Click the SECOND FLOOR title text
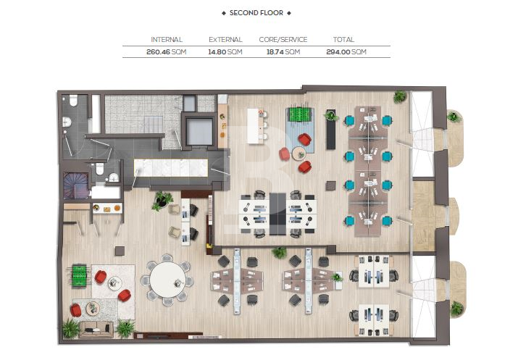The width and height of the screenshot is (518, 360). [x=256, y=13]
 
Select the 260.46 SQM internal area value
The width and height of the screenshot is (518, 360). [x=167, y=52]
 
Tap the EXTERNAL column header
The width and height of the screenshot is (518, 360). [x=225, y=40]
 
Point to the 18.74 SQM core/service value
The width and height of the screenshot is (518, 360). [x=283, y=52]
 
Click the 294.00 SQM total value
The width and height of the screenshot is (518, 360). [x=346, y=52]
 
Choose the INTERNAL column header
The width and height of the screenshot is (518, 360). [x=167, y=40]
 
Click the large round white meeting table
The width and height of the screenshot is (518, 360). [x=167, y=280]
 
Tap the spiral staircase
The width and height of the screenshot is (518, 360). [x=76, y=185]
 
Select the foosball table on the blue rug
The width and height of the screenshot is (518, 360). [x=300, y=114]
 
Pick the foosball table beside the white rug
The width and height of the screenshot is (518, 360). [x=79, y=276]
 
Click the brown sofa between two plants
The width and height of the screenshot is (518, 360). [x=96, y=329]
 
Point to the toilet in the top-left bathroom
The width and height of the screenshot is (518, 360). [x=73, y=101]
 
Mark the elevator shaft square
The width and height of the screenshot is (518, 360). [x=199, y=131]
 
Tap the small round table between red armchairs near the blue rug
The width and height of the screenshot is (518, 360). [x=299, y=154]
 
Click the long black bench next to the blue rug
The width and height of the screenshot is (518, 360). [x=330, y=130]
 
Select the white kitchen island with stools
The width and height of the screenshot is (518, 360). [x=254, y=126]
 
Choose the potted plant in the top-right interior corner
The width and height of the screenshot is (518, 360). [x=400, y=96]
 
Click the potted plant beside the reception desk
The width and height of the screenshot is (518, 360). [x=162, y=201]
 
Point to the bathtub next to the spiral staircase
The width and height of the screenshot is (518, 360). [x=106, y=193]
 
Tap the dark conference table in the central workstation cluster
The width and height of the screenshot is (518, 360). [x=277, y=214]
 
